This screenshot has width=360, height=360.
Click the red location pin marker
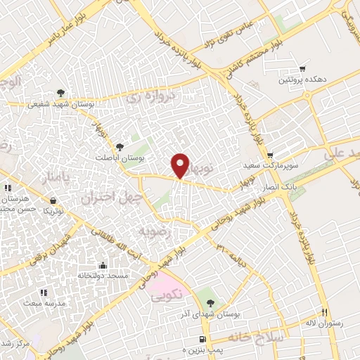coord(181,166)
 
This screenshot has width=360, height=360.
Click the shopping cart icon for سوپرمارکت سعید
coord(270,155)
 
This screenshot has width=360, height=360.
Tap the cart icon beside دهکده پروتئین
coord(302,69)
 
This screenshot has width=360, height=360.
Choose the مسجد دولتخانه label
coord(103,276)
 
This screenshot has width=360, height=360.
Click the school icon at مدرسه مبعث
coord(44,292)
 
